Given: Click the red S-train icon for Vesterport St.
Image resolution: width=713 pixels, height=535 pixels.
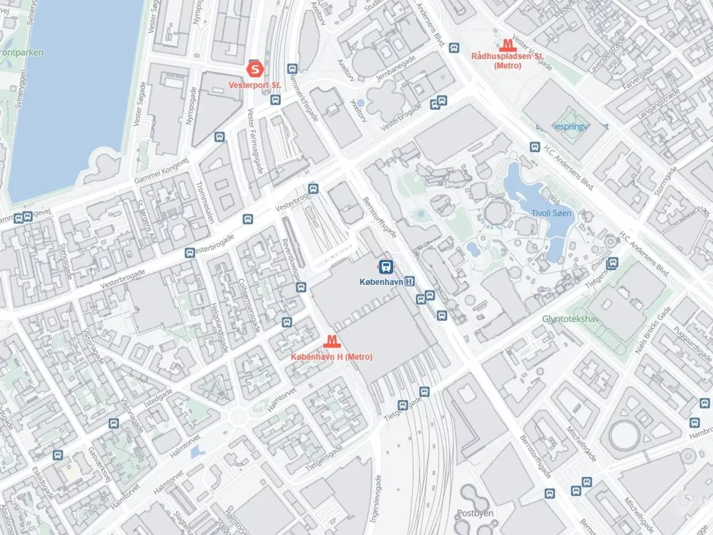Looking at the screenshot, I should coord(255,69).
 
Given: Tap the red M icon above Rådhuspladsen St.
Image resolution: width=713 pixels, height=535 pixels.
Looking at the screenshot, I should coord(507,45).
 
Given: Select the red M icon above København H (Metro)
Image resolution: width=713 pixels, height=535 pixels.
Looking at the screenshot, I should coord(331,340).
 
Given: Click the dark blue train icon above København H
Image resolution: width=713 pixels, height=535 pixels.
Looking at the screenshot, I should coord(385,266).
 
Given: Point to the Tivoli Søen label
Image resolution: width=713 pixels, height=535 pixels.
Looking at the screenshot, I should coord(551,213).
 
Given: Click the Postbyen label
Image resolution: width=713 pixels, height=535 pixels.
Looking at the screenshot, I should coord(475,513).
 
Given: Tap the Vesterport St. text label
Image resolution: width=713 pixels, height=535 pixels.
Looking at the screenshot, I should coord(255,86).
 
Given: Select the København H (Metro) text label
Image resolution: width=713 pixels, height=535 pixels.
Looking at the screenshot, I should coord(331,357).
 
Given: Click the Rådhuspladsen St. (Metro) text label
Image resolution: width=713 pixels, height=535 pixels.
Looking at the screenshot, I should coord(507,61).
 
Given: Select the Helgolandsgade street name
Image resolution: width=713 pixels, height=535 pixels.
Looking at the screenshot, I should coord(221,328).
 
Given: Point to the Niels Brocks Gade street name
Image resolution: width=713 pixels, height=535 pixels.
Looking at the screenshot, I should coord(653,330).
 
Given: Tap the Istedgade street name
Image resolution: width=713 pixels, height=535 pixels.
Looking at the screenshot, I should coord(158,398).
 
